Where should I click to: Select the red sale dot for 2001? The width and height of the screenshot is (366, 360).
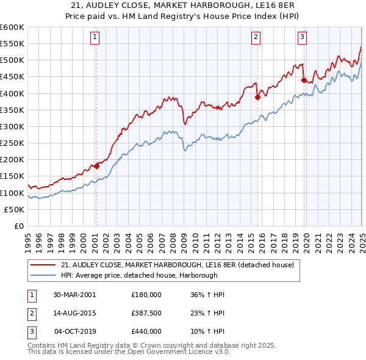tap(96, 166)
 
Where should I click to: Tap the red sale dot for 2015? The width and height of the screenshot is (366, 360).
tap(257, 97)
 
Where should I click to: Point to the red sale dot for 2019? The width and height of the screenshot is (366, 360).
tap(304, 79)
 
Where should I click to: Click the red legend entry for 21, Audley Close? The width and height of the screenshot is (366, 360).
tap(178, 265)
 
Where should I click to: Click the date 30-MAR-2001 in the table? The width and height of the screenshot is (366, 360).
tap(74, 295)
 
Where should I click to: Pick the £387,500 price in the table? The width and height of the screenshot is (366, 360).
tap(146, 313)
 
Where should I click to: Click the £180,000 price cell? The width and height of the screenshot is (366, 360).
tap(146, 295)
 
